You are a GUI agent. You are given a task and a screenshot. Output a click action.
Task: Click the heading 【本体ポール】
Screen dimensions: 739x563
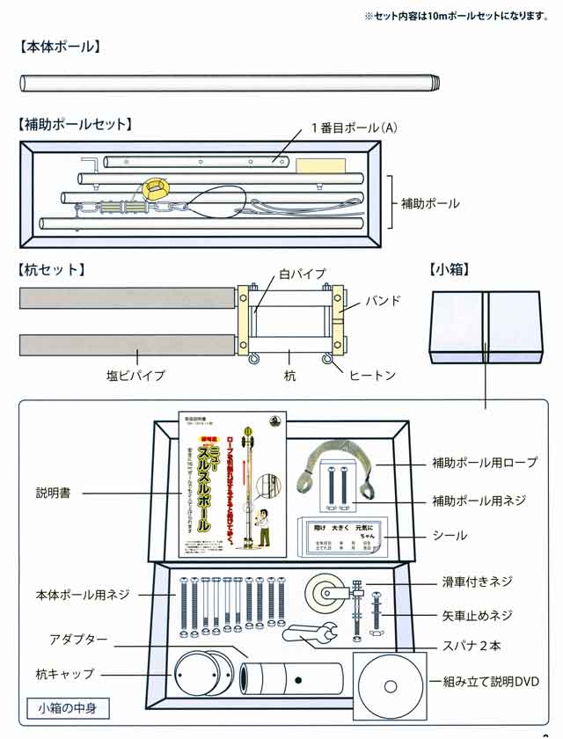click(x=60, y=47)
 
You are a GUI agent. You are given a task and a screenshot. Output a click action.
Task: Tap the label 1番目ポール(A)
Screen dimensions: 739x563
click(x=354, y=128)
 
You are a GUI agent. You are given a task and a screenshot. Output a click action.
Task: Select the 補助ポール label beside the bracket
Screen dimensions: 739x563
click(x=430, y=203)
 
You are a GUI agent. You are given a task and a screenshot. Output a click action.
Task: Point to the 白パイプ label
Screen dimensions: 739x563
click(x=303, y=274)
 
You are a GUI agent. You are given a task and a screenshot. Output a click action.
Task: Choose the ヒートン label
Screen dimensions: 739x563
click(x=372, y=376)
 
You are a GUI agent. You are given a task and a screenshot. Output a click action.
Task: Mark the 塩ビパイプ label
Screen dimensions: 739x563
click(x=135, y=376)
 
